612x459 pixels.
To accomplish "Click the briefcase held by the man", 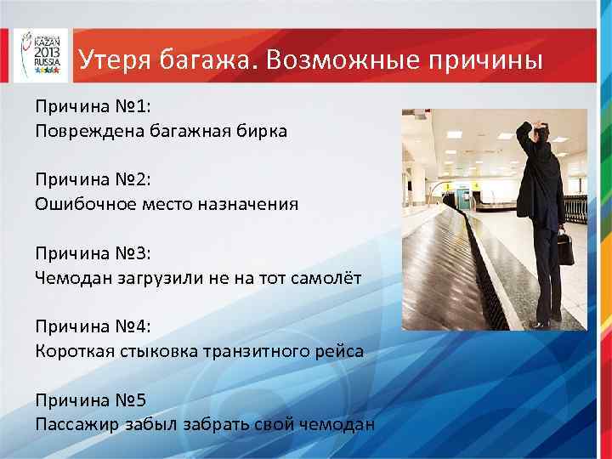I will (564, 247).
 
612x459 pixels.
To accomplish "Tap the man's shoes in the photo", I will (541, 323).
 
